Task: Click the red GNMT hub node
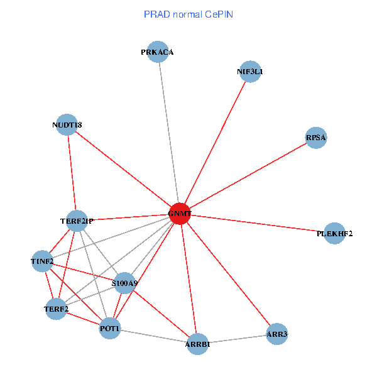(x=180, y=214)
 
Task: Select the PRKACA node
(x=157, y=52)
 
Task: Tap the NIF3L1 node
(x=250, y=72)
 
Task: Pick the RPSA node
(x=316, y=138)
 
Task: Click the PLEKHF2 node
(x=334, y=234)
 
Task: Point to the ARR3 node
(x=276, y=334)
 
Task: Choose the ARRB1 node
(x=198, y=344)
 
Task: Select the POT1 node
(x=110, y=329)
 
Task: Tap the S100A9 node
(x=124, y=283)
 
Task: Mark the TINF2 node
(x=42, y=261)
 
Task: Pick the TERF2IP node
(x=77, y=221)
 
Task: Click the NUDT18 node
(x=67, y=124)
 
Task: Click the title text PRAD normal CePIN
(x=188, y=14)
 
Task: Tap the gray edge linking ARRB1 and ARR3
(x=238, y=339)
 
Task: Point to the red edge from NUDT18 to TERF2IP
(x=72, y=173)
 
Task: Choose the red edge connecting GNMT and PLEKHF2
(x=258, y=224)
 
